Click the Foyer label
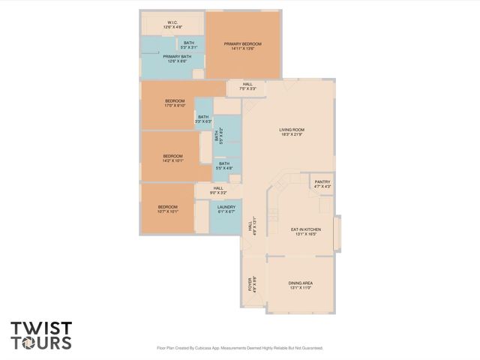click(251, 284)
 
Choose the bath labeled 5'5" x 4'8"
click(224, 166)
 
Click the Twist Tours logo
click(41, 335)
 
